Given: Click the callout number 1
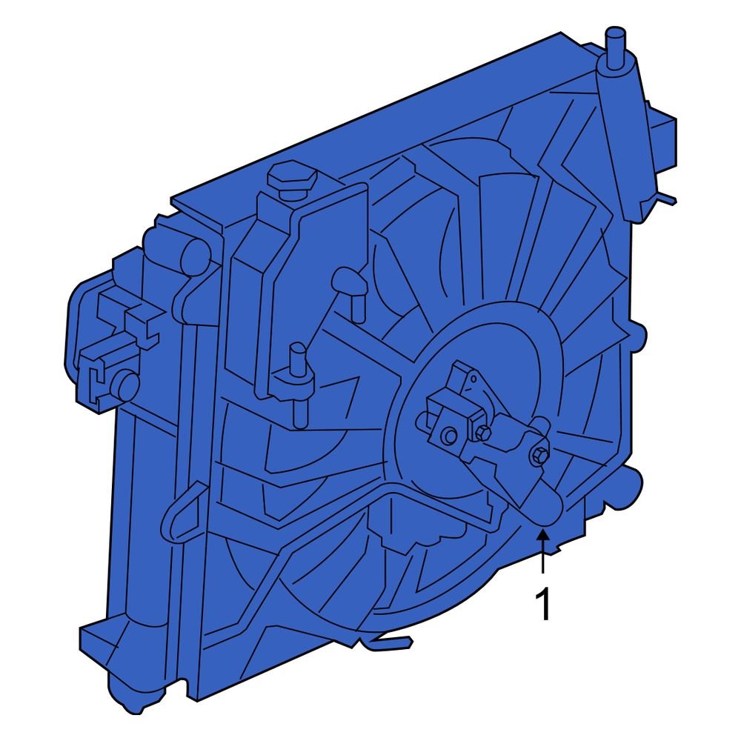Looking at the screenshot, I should [544, 605].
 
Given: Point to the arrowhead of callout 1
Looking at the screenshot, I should [543, 535].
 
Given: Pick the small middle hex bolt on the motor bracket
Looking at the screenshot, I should [485, 433].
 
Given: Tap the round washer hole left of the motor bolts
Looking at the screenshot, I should [449, 437].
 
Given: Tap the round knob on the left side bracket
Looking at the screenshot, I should [126, 383].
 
